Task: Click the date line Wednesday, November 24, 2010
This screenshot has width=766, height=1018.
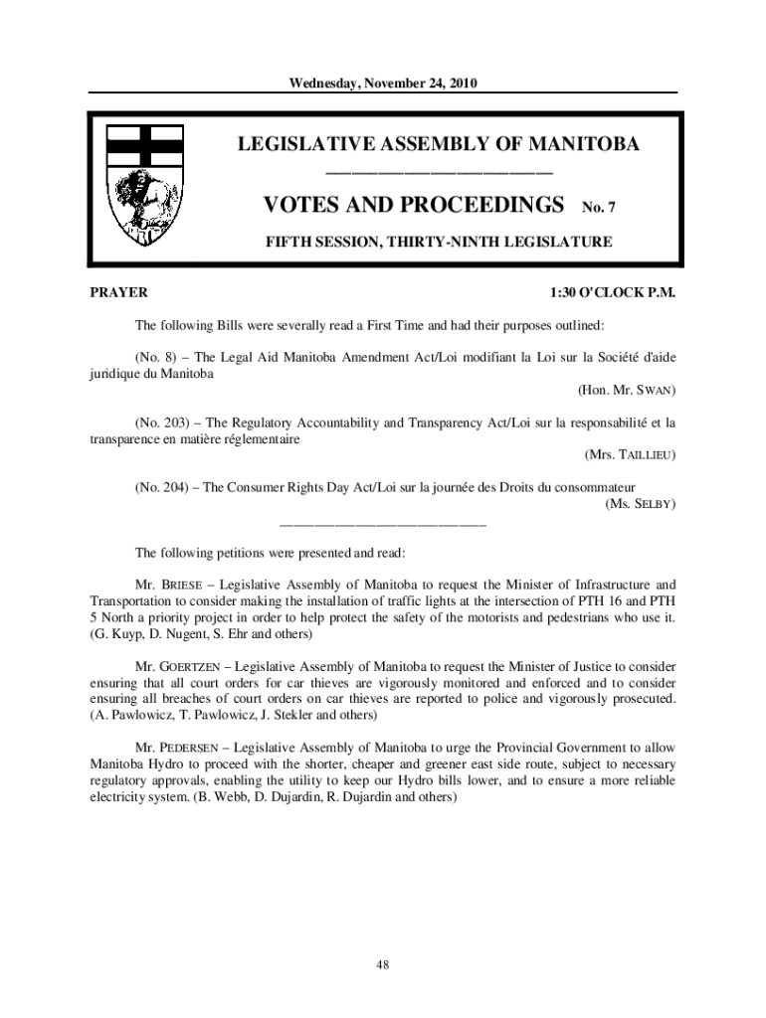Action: coord(383,84)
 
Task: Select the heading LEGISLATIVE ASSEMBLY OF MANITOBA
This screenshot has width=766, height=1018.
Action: coord(438,145)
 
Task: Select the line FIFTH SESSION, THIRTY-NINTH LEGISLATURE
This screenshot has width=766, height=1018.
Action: coord(438,241)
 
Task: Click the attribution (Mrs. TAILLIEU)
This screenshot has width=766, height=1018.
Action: coord(631,455)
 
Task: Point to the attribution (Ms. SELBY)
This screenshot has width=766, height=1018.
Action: coord(641,504)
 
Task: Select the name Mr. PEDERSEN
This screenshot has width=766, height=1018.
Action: coord(176,746)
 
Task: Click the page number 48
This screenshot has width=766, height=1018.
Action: coord(383,963)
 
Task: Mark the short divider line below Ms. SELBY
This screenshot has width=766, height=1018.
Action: coord(383,522)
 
